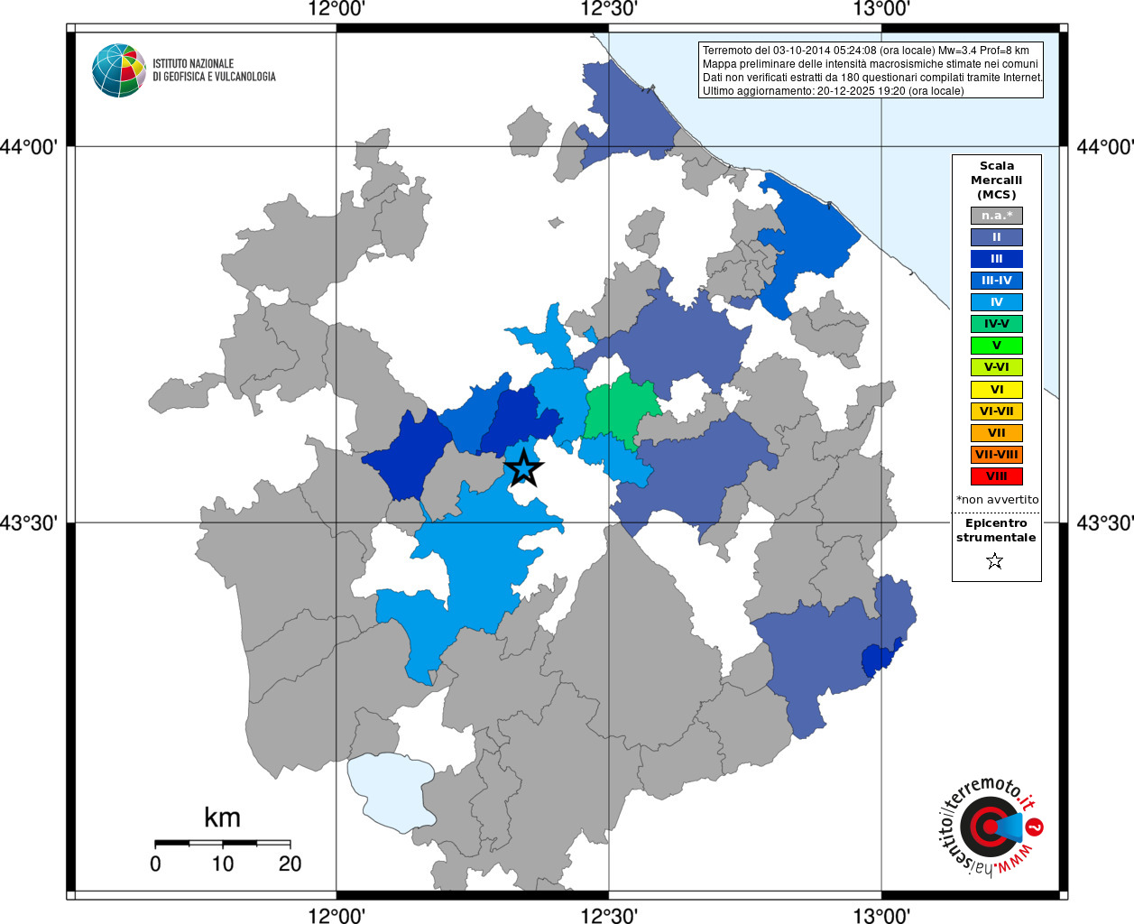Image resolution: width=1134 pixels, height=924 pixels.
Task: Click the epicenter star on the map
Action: [524, 469]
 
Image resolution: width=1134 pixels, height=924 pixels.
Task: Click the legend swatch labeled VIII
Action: [996, 476]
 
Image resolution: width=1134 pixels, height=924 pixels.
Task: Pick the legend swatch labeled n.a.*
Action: [996, 216]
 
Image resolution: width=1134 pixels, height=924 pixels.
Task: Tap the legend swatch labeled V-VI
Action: [996, 367]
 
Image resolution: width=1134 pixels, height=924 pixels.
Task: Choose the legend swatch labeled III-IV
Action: [996, 281]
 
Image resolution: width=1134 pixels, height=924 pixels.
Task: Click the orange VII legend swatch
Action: [996, 433]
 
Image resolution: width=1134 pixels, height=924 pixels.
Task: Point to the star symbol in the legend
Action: [995, 561]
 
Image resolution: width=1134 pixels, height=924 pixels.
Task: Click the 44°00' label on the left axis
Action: [34, 146]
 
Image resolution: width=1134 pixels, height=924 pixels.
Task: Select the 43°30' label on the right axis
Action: [1104, 523]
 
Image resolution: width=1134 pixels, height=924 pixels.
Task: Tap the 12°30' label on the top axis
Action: [608, 10]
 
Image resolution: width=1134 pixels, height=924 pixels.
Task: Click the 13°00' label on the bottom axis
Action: [881, 916]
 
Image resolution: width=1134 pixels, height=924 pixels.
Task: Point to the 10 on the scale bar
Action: [223, 864]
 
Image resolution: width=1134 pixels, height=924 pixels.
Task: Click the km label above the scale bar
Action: [222, 818]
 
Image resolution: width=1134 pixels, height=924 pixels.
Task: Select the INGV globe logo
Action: [118, 70]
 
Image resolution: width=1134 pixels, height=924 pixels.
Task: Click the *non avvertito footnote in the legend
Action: [997, 499]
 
